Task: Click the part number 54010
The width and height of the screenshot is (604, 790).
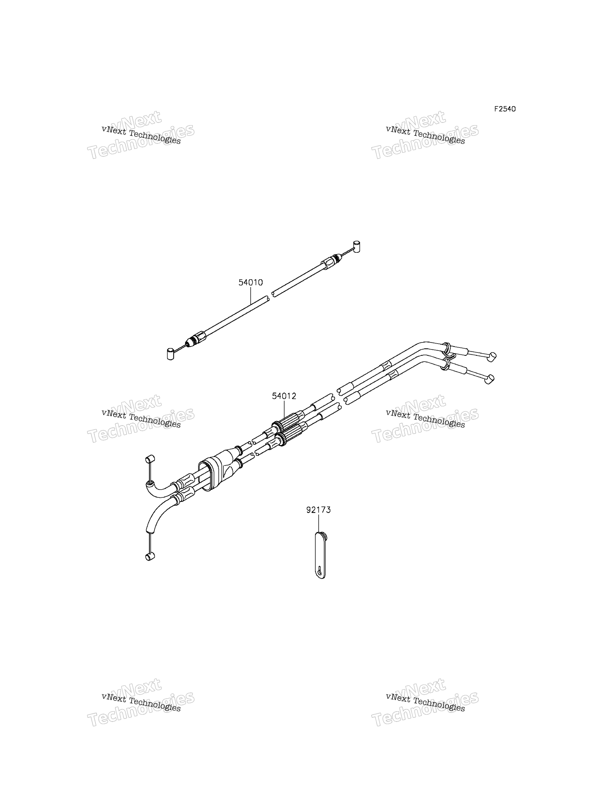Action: pyautogui.click(x=250, y=283)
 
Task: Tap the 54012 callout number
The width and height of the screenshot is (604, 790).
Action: pyautogui.click(x=284, y=396)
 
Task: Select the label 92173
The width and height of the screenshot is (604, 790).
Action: pyautogui.click(x=319, y=510)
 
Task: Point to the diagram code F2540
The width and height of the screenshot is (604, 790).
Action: pyautogui.click(x=505, y=109)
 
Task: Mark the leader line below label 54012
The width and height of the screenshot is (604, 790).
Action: pyautogui.click(x=284, y=411)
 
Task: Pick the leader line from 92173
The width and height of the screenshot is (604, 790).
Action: pyautogui.click(x=319, y=524)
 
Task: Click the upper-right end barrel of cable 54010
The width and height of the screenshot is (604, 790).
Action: pyautogui.click(x=357, y=246)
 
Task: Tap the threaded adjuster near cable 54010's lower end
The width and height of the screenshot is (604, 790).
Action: pyautogui.click(x=196, y=339)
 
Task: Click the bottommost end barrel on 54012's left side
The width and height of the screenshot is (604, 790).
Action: pyautogui.click(x=150, y=556)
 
